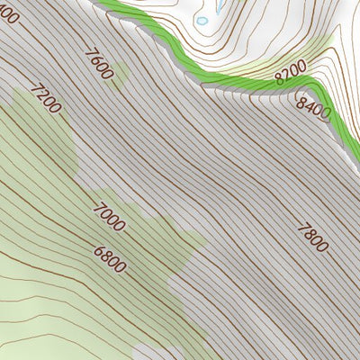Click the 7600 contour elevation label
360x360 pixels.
point(98,62)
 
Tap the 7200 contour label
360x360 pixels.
point(45,98)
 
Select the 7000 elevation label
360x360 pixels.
point(109,217)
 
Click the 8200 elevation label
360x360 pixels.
point(291,71)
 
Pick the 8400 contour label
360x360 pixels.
point(313,107)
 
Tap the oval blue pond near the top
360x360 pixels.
point(202,20)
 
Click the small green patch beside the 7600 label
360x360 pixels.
point(120,74)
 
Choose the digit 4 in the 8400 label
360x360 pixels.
point(309,103)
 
